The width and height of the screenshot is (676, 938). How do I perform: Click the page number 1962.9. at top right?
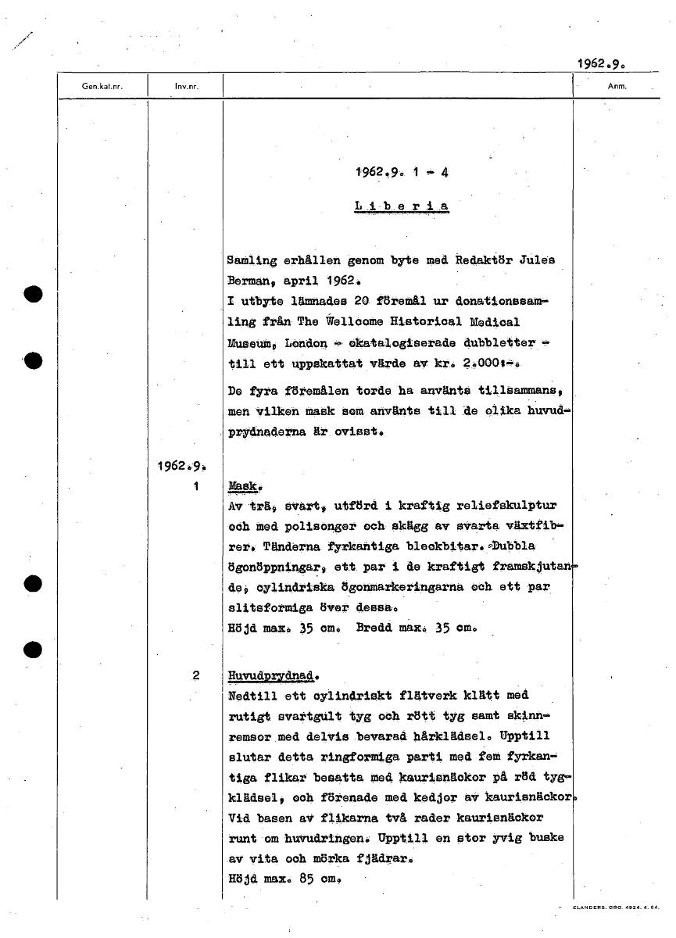[603, 63]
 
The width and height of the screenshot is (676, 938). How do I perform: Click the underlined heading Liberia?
[402, 206]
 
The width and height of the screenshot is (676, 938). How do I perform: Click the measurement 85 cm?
[312, 878]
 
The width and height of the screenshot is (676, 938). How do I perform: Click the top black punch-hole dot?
[32, 295]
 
